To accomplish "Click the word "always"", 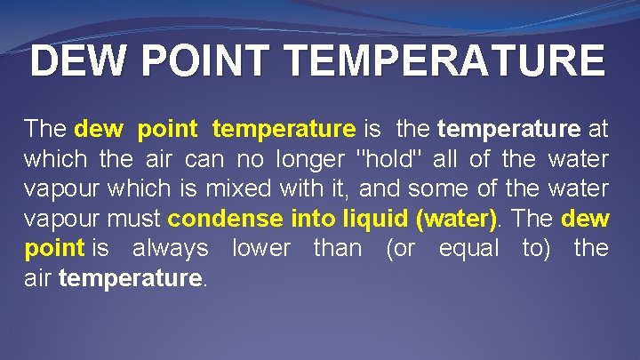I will pos(171,248).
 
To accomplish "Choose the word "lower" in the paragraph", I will pos(260,248).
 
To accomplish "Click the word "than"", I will pos(337,248).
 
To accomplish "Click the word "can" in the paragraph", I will pos(204,160).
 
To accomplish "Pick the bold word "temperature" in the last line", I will pos(131,277).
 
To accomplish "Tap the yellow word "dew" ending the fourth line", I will pos(586,219).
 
